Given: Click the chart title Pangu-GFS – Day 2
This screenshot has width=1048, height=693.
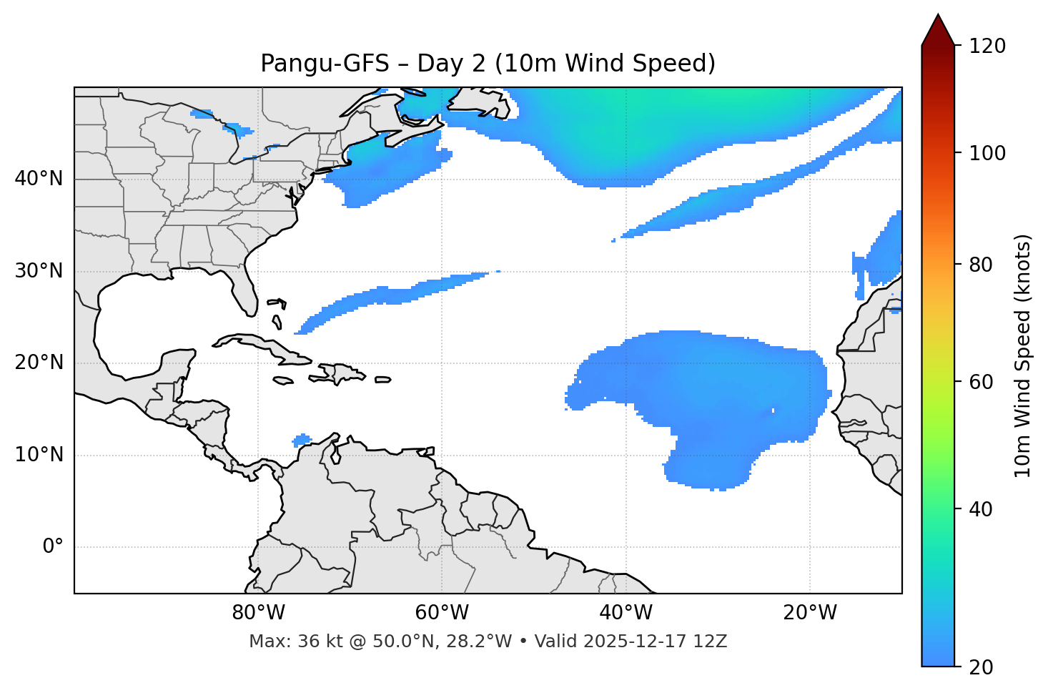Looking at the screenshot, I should click(488, 64).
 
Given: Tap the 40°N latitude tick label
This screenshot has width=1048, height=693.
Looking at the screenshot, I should click(39, 179).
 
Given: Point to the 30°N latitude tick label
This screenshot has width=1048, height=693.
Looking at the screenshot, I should click(39, 271).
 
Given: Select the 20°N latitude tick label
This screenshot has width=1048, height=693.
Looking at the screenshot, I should click(39, 363).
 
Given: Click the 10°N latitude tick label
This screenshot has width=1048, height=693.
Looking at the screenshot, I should click(39, 455).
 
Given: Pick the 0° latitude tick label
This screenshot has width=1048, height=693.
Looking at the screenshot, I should click(53, 547).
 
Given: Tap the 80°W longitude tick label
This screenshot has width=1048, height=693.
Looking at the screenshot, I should click(258, 613).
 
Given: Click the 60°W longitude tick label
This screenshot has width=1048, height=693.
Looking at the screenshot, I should click(442, 613).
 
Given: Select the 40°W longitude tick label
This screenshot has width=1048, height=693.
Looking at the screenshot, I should click(626, 613).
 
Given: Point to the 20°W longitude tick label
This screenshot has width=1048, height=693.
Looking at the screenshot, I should click(810, 613).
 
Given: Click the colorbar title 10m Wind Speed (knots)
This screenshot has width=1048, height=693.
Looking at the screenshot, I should click(1023, 355).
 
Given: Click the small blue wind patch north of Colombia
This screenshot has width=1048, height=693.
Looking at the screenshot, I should click(302, 440).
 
